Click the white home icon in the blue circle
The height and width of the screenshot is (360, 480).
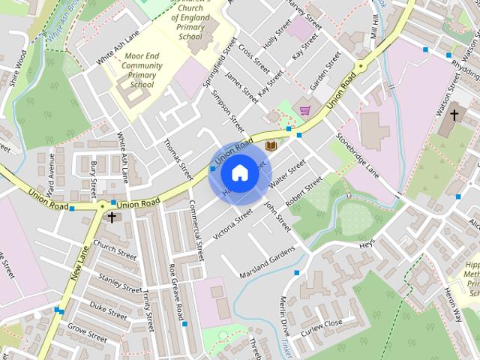(239, 172)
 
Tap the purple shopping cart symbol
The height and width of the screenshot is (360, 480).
(305, 110)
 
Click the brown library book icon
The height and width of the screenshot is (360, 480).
(271, 145)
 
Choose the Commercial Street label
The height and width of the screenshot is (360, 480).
(197, 229)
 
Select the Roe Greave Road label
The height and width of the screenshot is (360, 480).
(177, 294)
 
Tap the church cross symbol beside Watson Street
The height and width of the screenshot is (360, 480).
(452, 116)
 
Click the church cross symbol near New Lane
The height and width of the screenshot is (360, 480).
(112, 217)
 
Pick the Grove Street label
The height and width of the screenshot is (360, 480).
(88, 327)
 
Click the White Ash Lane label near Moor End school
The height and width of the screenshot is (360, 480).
(113, 49)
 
